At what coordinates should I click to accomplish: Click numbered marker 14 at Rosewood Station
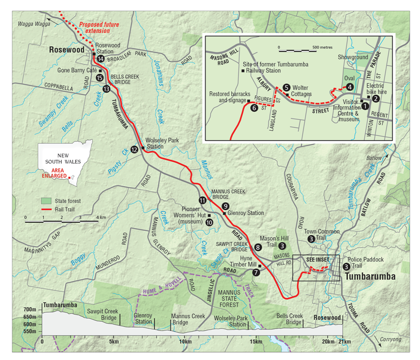100,59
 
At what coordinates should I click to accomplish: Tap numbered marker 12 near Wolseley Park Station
134,149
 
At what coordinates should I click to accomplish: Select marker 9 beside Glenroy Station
225,206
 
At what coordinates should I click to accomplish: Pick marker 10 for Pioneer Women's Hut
209,222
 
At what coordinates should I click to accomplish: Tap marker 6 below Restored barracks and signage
253,108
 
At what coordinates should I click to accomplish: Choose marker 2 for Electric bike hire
376,98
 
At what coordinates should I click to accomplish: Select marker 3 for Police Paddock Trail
346,266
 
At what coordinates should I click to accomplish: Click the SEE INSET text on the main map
315,260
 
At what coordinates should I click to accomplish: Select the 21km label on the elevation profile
343,341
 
